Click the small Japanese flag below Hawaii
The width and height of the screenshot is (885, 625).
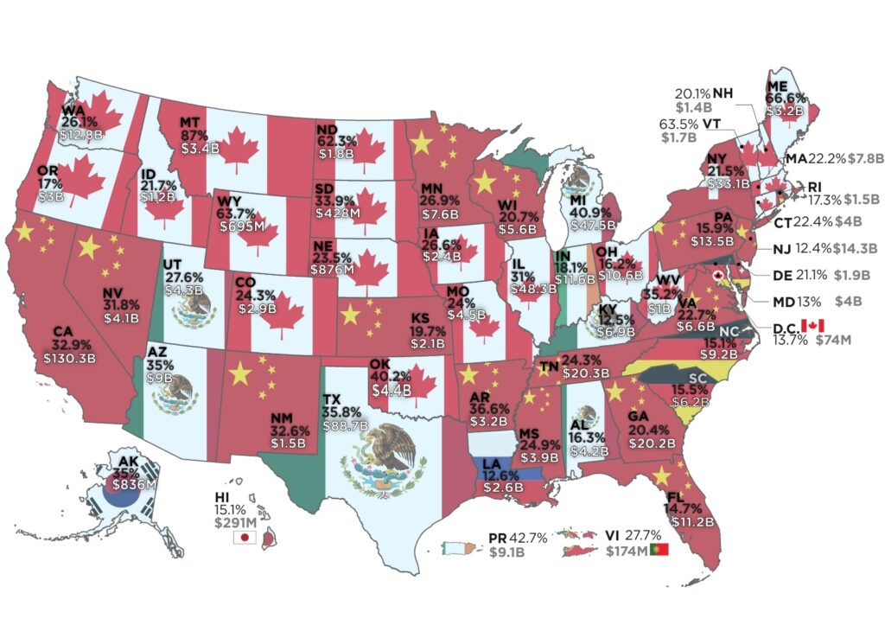pos(245,537)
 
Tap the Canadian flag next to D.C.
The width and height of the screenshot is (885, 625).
pos(812,324)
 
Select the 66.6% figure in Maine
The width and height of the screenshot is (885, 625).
pos(784,98)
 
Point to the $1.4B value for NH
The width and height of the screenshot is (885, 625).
pos(694,108)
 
